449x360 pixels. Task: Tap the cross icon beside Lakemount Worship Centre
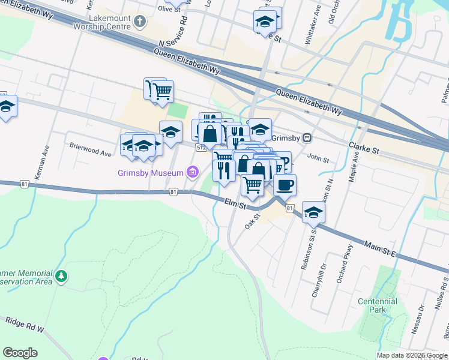coord(139,23)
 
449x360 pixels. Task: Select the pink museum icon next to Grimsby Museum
coord(192,173)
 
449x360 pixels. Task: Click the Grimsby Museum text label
coord(150,173)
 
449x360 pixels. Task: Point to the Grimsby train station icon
coord(307,137)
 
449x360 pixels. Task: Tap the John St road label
coord(318,159)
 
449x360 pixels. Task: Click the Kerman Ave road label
coord(46,161)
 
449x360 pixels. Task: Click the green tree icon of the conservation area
coord(61,277)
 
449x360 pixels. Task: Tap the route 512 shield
coord(202,146)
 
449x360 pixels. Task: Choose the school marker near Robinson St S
coord(313,212)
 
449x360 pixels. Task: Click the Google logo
coord(20,353)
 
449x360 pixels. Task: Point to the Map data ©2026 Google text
coord(412,355)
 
